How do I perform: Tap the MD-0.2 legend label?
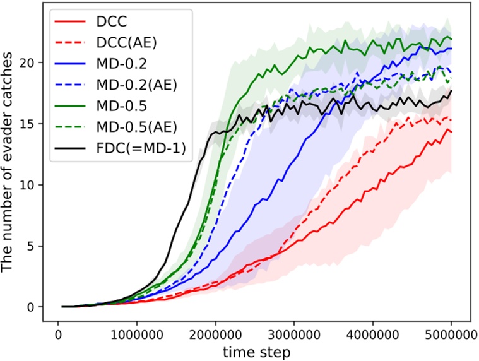[x=120, y=64]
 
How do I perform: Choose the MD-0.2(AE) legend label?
[x=134, y=85]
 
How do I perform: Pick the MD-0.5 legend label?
[x=120, y=107]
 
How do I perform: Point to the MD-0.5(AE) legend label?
[x=134, y=129]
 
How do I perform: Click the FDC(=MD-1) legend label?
[x=138, y=150]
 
